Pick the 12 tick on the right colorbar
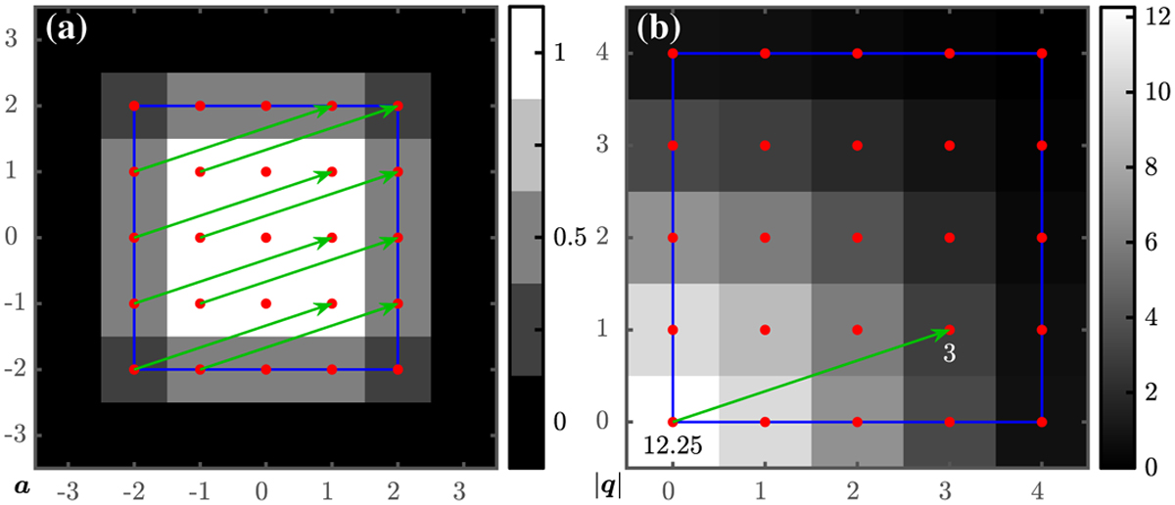tap(1155, 14)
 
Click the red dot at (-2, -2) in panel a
tap(134, 370)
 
